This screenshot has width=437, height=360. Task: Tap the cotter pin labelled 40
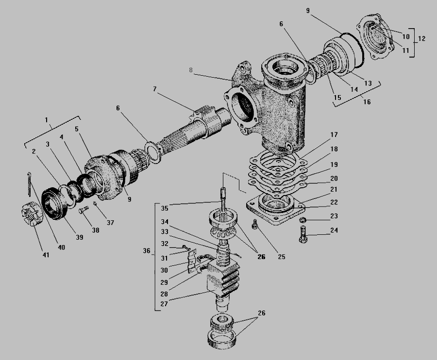[x=29, y=184]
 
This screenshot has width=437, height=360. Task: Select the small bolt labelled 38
[x=84, y=210]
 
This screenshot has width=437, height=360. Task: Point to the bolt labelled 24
[x=303, y=234]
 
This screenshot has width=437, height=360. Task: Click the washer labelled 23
[x=303, y=220]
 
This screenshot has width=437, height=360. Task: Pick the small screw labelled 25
[x=255, y=225]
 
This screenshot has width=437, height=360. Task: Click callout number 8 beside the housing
[x=191, y=70]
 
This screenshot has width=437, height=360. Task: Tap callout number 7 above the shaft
[x=155, y=89]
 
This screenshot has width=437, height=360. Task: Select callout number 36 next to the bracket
[x=147, y=250]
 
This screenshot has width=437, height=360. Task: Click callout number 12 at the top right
[x=421, y=38]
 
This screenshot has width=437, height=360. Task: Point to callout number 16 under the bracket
[x=367, y=102]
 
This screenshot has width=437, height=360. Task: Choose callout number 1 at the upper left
[x=46, y=120]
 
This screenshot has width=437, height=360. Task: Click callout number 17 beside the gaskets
[x=334, y=135]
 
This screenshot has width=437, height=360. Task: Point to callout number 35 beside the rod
[x=165, y=208]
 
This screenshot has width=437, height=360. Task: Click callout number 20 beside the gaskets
[x=334, y=178]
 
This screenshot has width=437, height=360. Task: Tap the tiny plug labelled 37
[x=95, y=204]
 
